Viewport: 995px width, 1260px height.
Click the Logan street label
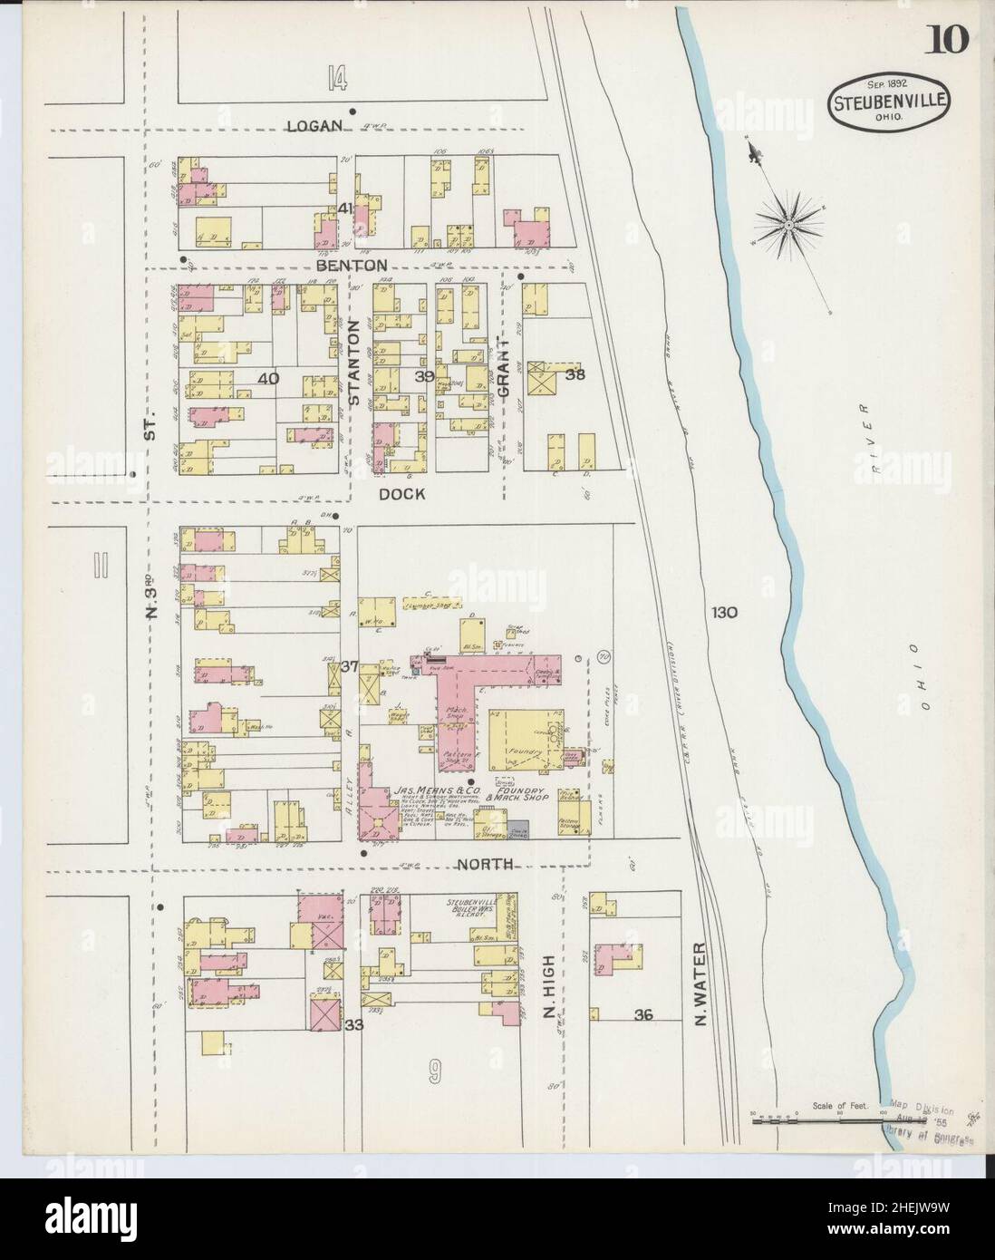click(x=314, y=126)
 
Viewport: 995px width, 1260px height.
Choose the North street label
click(x=484, y=864)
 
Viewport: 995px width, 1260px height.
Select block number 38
click(x=574, y=373)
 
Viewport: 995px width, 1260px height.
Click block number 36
click(x=643, y=1014)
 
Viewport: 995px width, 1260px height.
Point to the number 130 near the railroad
click(x=724, y=612)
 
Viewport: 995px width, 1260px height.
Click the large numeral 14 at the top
click(x=337, y=82)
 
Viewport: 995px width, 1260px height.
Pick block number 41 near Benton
click(x=344, y=208)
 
